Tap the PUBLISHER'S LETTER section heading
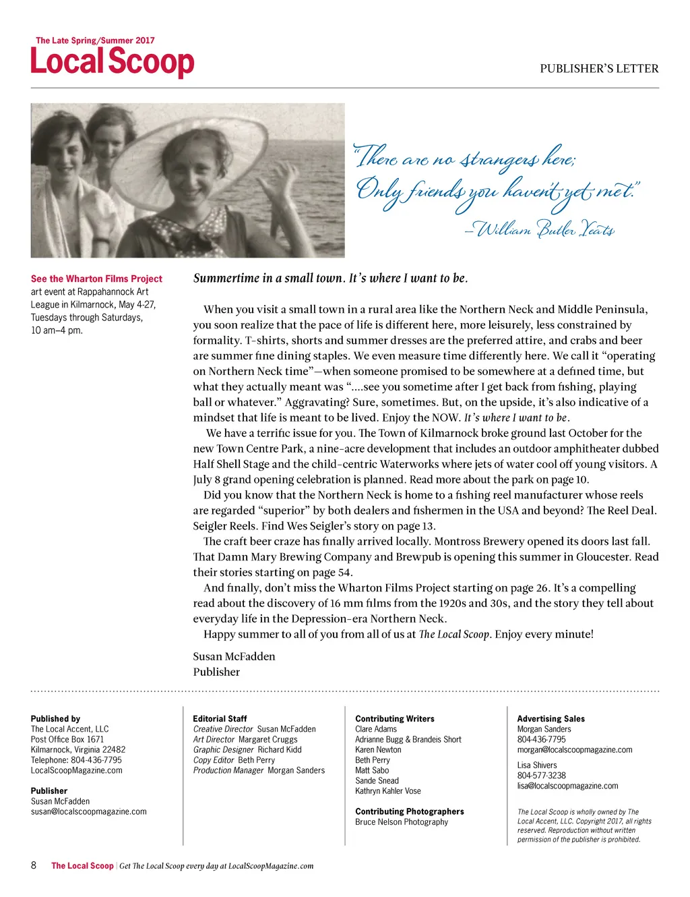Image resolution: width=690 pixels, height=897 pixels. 598,68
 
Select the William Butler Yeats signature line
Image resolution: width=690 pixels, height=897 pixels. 540,229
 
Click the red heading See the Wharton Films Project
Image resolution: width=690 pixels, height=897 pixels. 96,279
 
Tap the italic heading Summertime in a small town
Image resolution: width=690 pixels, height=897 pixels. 330,278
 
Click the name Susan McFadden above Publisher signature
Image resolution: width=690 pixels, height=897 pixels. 234,656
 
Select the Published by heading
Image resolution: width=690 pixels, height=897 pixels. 55,719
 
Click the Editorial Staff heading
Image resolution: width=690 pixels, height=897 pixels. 220,719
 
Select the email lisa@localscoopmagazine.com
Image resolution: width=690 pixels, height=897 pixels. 567,786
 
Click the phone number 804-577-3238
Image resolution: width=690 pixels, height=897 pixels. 542,776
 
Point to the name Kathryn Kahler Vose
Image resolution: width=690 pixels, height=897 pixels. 388,791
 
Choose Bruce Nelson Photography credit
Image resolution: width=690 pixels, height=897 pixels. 402,822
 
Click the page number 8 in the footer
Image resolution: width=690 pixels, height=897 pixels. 34,865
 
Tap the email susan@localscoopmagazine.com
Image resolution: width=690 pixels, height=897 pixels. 88,812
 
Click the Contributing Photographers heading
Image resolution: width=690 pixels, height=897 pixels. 410,811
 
